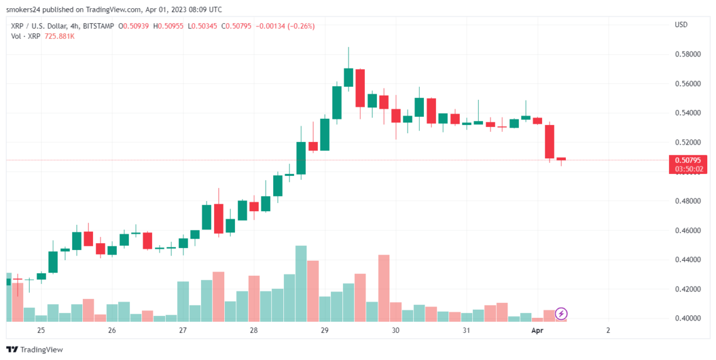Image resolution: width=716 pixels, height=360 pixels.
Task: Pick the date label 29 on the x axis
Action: pos(325,330)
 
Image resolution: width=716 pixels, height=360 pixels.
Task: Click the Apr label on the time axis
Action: pos(538,330)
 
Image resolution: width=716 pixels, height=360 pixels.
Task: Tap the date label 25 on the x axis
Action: pos(41,330)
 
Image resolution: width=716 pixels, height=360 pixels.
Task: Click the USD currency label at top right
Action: pos(681,25)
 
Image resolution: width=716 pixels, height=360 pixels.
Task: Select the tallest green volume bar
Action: pos(301,283)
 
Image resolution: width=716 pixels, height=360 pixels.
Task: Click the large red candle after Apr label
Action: pos(550,141)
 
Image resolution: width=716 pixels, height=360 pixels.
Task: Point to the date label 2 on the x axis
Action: pos(608,330)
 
